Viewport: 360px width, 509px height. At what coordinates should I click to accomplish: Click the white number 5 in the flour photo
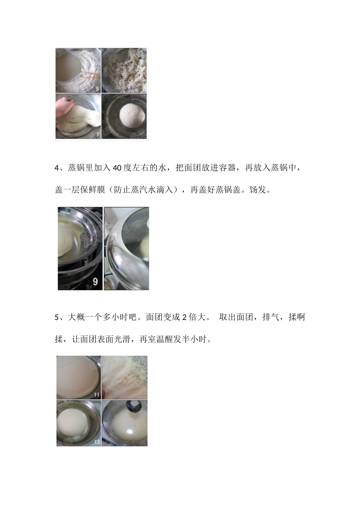97,89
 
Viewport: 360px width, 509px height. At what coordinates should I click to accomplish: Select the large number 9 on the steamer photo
95,281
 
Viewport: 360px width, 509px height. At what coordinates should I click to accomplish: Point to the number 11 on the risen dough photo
97,395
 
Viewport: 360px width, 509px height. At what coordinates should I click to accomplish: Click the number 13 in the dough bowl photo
97,442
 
